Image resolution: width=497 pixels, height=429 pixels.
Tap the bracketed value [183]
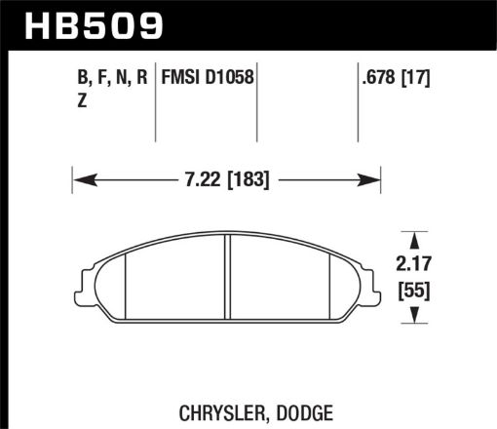245,178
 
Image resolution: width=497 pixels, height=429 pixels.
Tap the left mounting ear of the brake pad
82,281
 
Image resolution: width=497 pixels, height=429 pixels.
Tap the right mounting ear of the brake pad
371,281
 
